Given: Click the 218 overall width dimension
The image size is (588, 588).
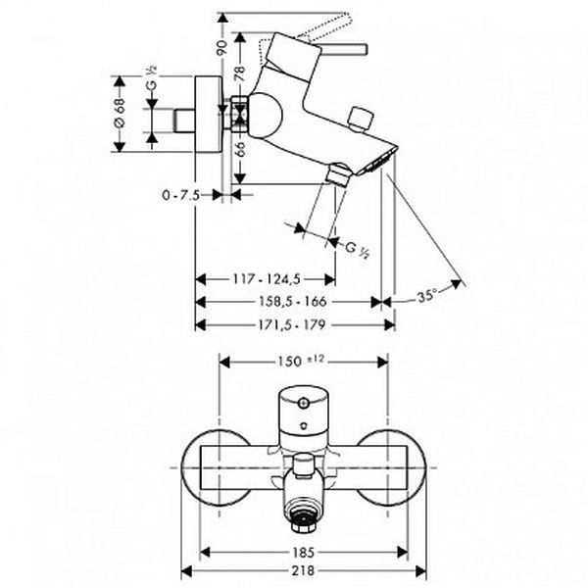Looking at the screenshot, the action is click(303, 570).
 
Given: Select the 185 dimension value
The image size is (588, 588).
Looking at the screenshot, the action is click(304, 552).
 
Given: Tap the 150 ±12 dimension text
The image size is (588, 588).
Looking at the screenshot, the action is click(301, 361).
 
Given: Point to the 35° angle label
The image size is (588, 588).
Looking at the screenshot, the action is click(427, 297).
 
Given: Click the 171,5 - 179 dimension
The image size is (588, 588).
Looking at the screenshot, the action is click(292, 324).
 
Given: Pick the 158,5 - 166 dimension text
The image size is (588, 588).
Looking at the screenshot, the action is click(293, 302).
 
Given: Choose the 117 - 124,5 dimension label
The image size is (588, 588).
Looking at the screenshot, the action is click(267, 279).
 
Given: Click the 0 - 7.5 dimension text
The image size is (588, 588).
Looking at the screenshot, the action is click(180, 195).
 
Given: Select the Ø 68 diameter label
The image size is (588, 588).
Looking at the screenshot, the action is click(120, 113).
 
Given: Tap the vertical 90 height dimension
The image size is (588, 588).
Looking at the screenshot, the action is click(222, 48).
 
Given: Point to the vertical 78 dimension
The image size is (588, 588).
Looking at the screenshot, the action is click(239, 73).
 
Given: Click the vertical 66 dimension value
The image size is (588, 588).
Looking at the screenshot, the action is click(240, 151).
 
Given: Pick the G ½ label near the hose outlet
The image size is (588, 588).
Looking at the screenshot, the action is click(357, 250).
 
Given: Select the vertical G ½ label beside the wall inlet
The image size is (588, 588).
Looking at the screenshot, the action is click(152, 78).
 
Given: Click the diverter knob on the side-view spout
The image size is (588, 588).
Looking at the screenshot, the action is click(361, 120).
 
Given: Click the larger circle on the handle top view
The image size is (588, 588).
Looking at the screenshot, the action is click(303, 404).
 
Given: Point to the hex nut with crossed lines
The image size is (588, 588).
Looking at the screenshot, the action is click(240, 115).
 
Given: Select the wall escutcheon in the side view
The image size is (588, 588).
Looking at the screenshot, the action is click(208, 115).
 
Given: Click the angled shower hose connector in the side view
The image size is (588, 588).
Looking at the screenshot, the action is click(338, 173).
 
